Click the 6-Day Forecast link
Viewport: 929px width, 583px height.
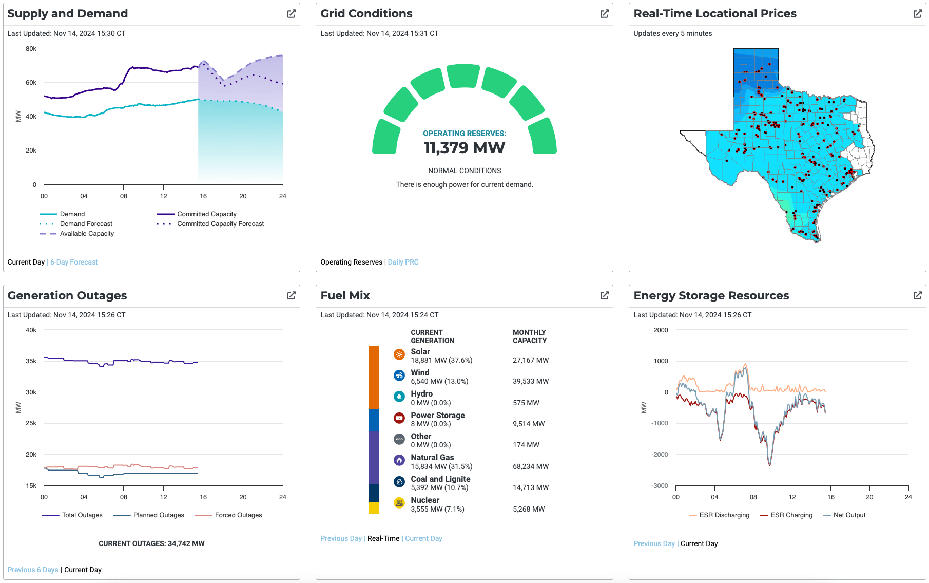[74, 262]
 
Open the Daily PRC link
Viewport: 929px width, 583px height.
[403, 262]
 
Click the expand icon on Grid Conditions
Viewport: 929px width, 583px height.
[604, 14]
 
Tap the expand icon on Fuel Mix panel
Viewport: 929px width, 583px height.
[604, 295]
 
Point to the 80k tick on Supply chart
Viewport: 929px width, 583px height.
[31, 49]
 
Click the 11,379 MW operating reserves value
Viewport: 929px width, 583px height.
[464, 148]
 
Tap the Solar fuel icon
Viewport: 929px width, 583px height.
[399, 354]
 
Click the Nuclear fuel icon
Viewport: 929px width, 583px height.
[399, 503]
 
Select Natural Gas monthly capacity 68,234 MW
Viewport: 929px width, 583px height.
[530, 466]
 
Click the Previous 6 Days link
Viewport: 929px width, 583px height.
[33, 570]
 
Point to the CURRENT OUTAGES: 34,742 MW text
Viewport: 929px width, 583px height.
[151, 543]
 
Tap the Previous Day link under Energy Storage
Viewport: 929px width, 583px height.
[653, 543]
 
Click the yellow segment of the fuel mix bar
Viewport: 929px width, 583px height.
[373, 508]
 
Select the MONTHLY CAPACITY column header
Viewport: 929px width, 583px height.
[529, 336]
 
